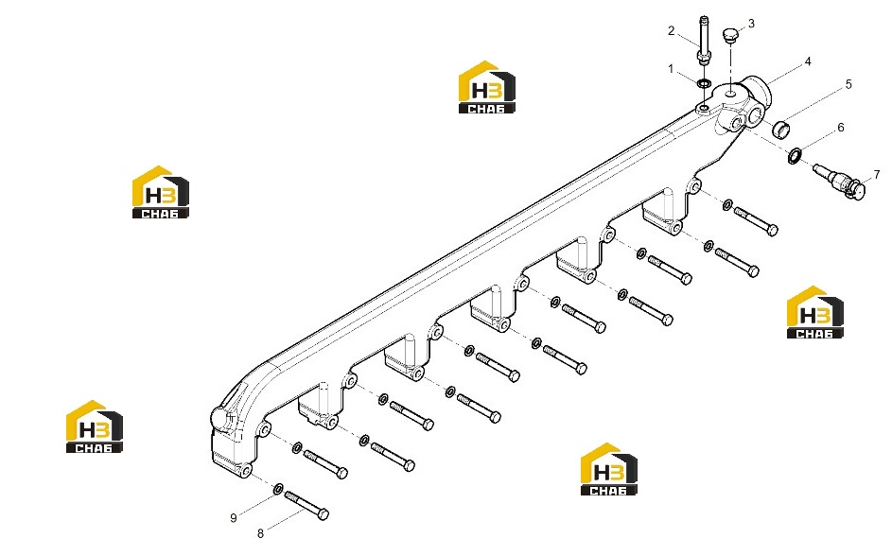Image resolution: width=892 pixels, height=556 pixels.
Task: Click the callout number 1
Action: point(671,69)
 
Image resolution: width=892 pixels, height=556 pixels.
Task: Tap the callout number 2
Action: point(672,30)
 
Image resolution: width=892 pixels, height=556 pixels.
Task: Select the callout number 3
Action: point(751,24)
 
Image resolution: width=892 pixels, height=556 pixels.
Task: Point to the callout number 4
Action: point(808,61)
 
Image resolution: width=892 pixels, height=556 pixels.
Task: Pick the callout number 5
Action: point(848,85)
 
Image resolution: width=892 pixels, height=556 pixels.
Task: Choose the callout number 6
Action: point(841,128)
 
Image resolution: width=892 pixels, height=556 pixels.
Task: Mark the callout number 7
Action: point(877,175)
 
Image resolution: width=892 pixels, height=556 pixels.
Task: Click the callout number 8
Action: point(260,533)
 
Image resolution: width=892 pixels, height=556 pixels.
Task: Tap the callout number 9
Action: point(234,518)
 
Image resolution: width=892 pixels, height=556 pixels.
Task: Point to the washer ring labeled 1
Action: point(704,84)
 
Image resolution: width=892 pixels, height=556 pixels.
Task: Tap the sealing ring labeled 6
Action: point(795,155)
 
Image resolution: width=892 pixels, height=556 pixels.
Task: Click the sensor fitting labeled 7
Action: point(840,181)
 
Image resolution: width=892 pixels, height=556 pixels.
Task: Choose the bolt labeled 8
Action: point(306,505)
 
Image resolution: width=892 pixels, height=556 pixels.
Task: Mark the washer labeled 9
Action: point(279,488)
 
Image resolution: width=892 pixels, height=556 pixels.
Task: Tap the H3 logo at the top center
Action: point(487,87)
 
